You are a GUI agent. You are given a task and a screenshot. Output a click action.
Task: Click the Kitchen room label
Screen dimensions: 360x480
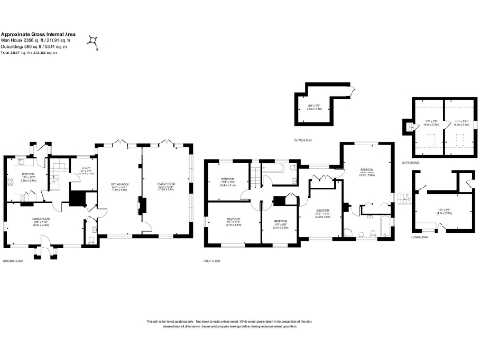[x=28, y=178]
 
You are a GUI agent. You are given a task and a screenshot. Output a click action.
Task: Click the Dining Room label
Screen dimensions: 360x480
[x=41, y=222]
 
